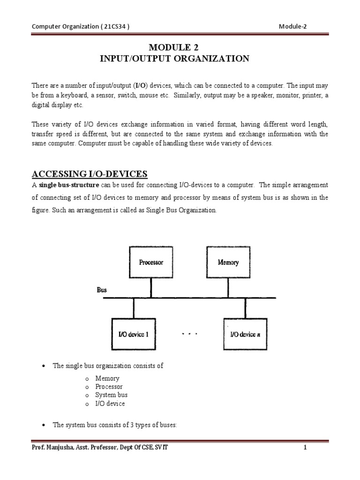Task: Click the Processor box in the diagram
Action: point(151,262)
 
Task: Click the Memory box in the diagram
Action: point(228,262)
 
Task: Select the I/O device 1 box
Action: point(134,335)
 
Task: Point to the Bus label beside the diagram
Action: point(102,290)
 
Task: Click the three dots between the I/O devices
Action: point(189,334)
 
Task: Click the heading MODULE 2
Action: point(180,47)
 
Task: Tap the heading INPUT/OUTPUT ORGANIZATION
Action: point(180,59)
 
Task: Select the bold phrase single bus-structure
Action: point(69,185)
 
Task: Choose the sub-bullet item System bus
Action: point(112,395)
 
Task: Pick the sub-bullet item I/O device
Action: point(110,404)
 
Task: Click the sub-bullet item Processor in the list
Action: point(109,387)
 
